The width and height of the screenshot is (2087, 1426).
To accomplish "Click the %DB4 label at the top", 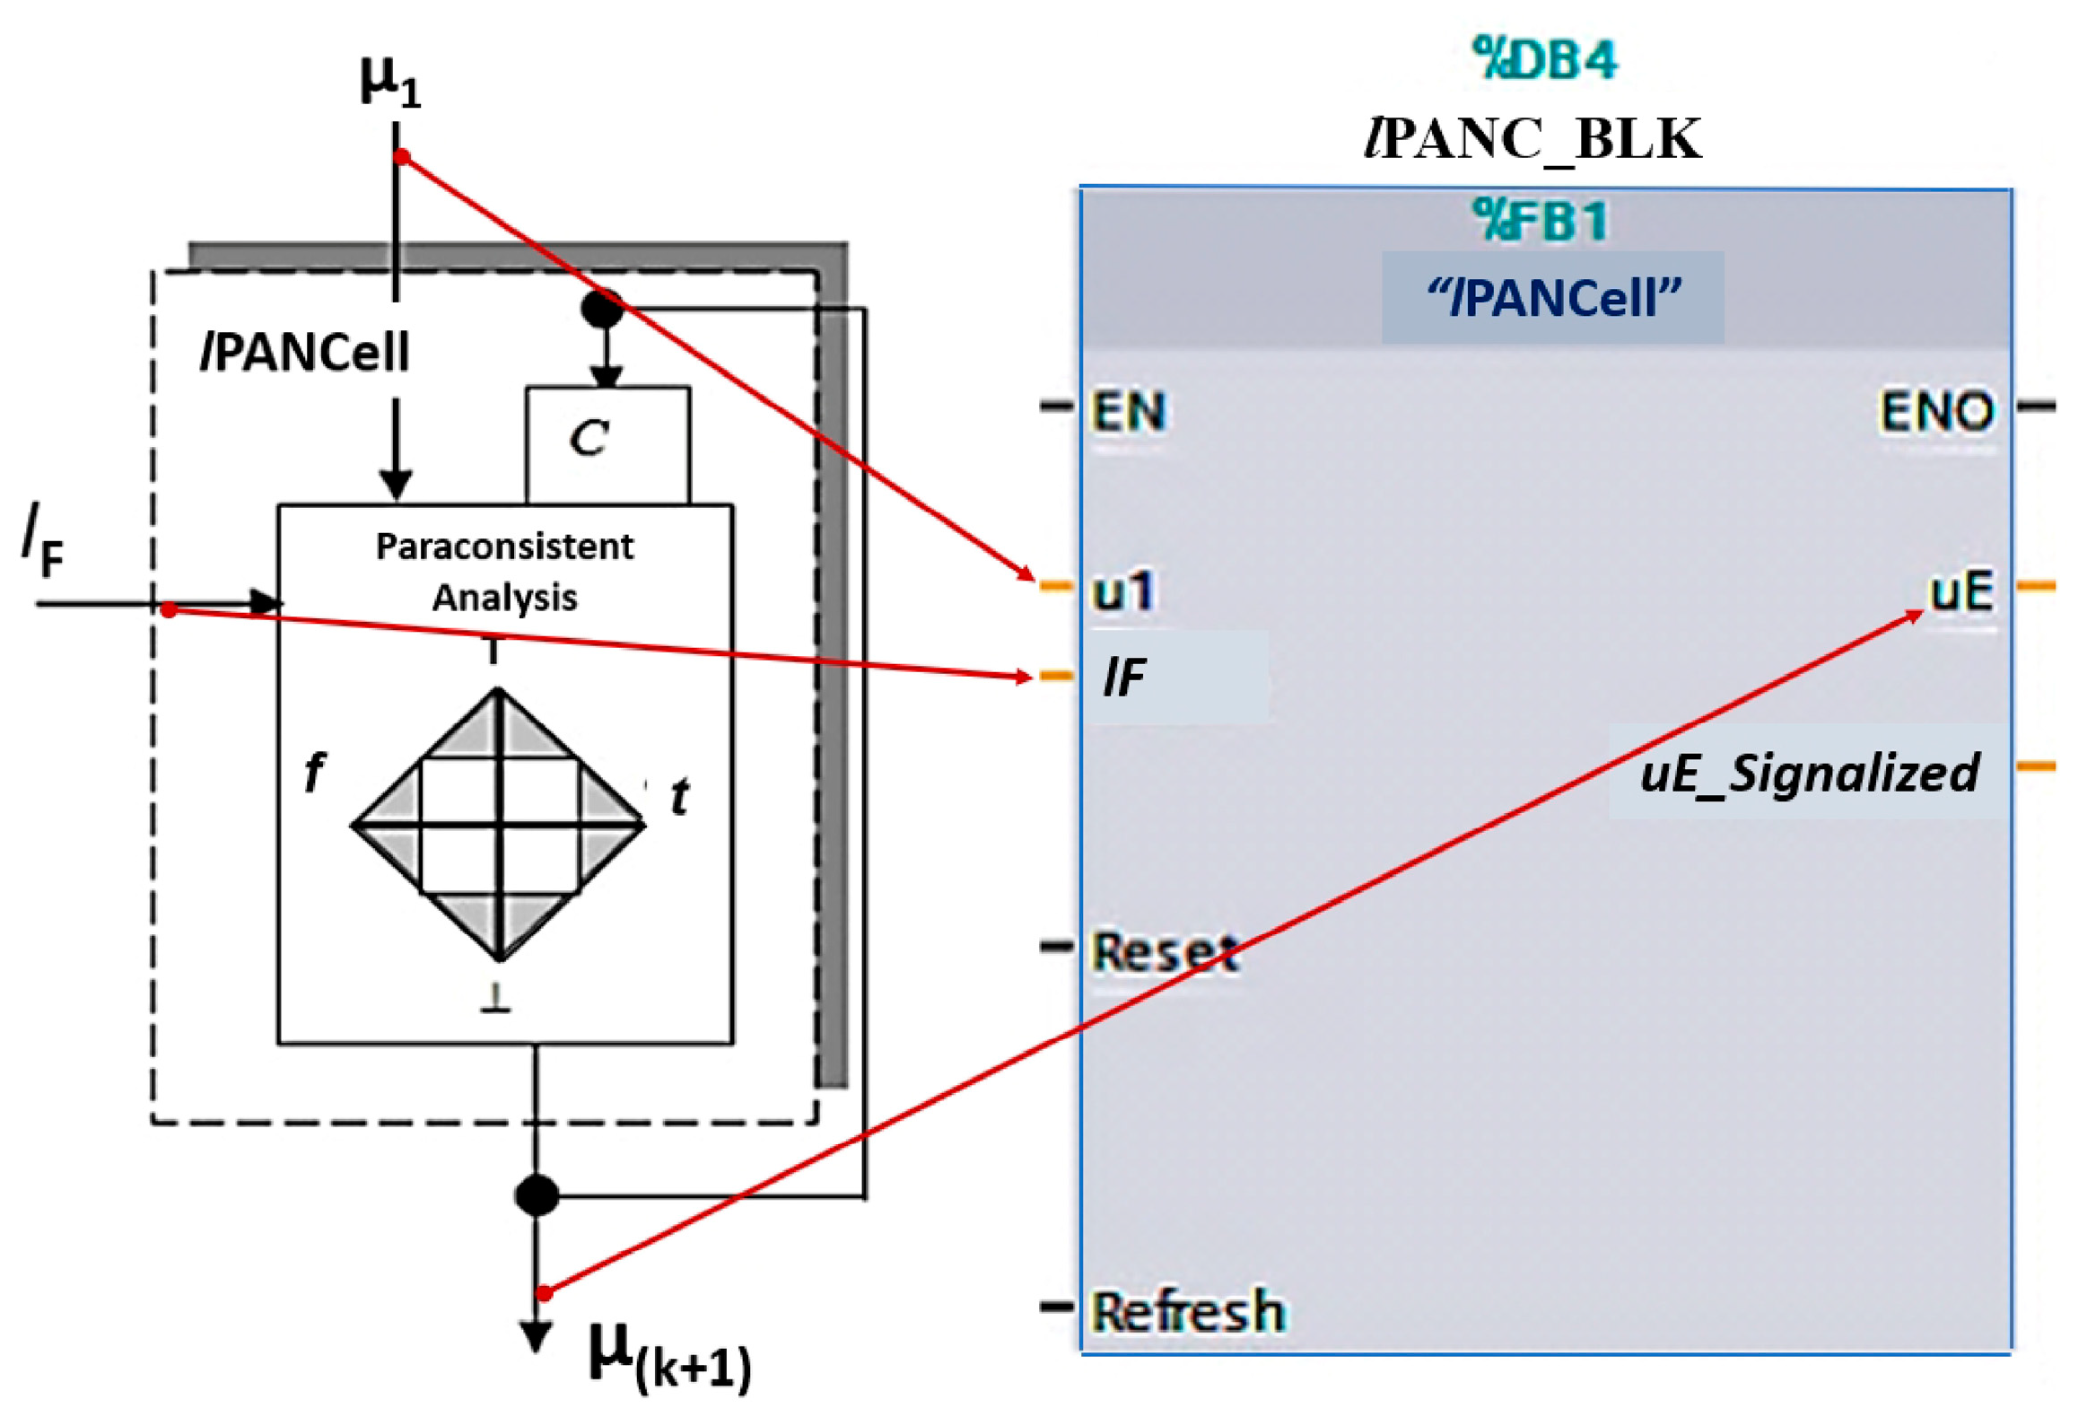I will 1544,60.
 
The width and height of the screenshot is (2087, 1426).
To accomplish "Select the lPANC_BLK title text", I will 1532,140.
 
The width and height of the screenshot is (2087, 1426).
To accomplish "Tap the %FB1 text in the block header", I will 1541,221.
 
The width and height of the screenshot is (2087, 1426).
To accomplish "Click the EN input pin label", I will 1129,412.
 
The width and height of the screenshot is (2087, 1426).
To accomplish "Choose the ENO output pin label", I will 1937,412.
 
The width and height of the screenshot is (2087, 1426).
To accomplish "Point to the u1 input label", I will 1122,591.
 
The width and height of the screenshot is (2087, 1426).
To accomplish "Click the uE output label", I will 1962,591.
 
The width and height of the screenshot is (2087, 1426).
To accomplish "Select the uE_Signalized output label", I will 1809,774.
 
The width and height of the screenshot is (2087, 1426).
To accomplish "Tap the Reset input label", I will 1166,952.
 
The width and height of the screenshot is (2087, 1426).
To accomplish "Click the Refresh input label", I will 1188,1312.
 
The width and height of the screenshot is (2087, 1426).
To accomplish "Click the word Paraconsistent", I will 504,547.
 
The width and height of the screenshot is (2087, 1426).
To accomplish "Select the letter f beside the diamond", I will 313,772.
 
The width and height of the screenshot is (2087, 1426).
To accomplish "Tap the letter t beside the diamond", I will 680,796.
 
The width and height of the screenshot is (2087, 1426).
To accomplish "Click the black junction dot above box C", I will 603,308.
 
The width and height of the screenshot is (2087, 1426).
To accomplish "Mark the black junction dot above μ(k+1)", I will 537,1195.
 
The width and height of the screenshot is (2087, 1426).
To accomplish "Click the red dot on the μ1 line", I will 402,158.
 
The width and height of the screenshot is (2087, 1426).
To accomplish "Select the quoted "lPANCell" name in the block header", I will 1552,298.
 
